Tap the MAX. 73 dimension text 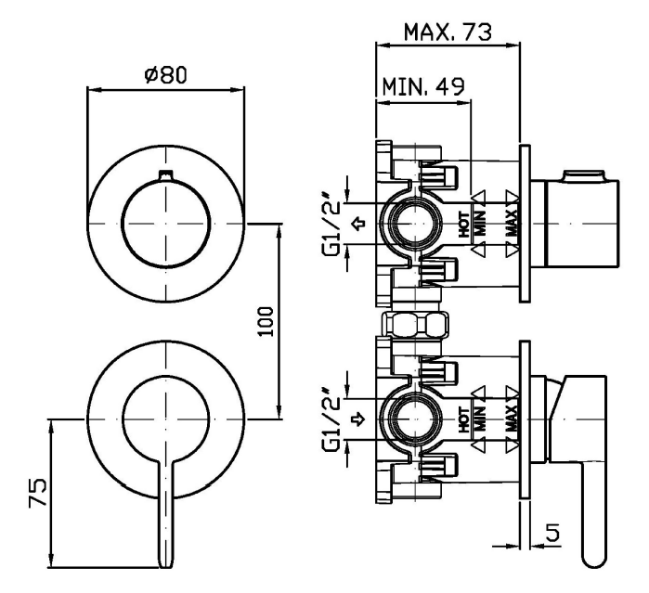click(447, 33)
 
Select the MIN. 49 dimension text click(422, 88)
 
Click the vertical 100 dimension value click(266, 320)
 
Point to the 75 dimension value click(34, 491)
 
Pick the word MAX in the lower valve click(512, 423)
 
